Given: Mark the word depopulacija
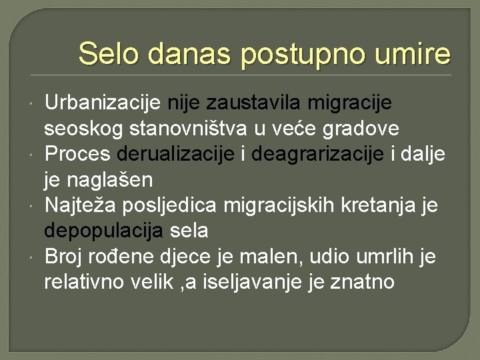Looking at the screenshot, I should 104,231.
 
